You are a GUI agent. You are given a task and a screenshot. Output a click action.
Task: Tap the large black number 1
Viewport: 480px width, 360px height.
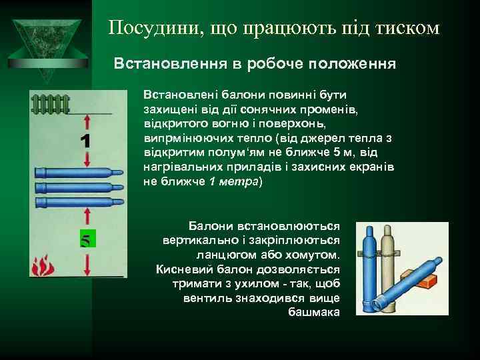85,141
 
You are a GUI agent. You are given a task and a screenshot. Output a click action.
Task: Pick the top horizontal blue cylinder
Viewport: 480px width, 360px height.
78,171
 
